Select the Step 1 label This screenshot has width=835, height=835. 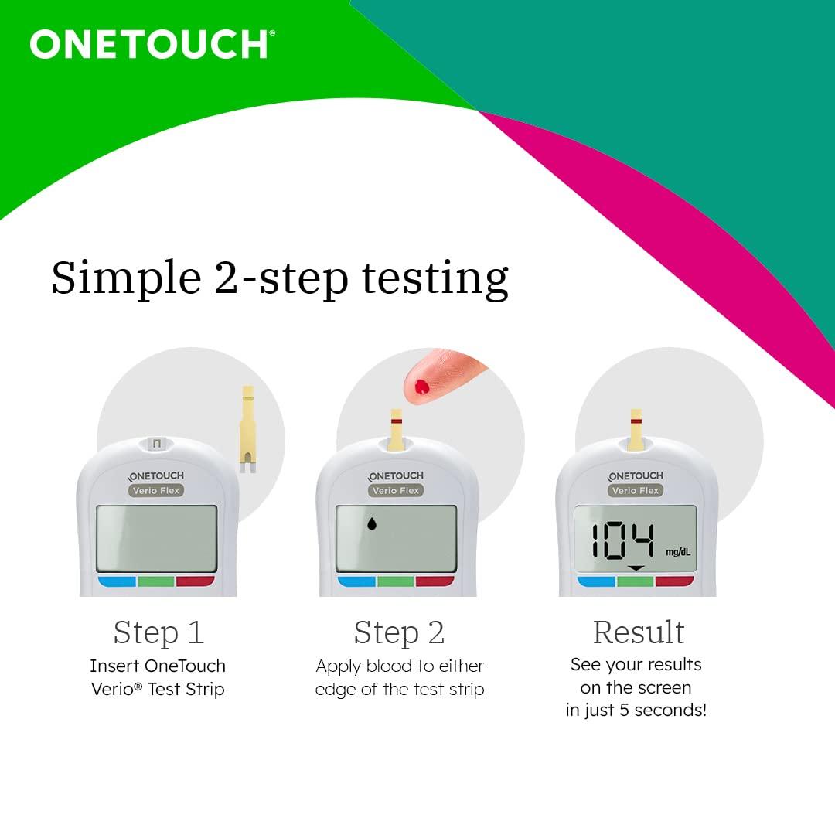(158, 632)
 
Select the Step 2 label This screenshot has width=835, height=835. (399, 632)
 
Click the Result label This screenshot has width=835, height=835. (639, 632)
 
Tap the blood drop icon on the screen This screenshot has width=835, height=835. (372, 524)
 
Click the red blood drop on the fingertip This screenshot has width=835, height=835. (421, 387)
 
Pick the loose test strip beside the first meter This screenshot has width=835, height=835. (247, 428)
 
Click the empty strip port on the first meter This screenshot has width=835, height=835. (158, 444)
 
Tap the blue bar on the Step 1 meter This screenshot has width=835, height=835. (117, 581)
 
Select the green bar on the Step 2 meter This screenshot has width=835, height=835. (396, 581)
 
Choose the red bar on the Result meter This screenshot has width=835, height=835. (674, 581)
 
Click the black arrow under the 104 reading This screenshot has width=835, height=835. (636, 569)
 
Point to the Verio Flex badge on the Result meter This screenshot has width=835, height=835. (636, 490)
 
